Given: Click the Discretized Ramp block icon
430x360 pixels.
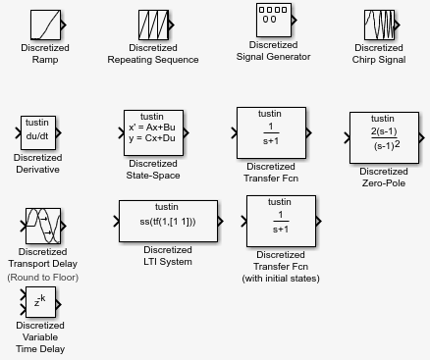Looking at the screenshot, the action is point(45,25).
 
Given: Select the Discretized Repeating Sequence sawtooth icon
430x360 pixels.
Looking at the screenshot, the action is point(153,25).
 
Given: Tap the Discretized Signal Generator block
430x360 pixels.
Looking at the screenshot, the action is point(274,21).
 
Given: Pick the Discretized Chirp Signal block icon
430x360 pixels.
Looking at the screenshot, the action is point(379,25).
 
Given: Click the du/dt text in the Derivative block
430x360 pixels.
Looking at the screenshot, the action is point(37,136).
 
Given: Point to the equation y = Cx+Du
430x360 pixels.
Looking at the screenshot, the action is point(152,138).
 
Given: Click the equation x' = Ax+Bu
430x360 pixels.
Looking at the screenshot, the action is point(152,128).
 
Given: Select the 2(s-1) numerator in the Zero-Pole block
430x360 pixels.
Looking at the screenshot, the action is point(384,131).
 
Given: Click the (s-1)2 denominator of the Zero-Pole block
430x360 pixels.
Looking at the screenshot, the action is point(387,145).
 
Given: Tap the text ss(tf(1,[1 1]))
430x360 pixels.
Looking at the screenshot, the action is point(168,222).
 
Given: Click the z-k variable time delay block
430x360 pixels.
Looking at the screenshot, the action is point(40,302).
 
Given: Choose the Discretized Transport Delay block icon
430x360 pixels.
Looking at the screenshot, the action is point(43,226).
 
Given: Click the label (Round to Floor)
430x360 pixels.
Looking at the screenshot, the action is point(43,278).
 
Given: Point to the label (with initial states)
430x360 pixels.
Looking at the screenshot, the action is point(281,279).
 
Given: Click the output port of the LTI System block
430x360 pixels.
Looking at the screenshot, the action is point(221,222).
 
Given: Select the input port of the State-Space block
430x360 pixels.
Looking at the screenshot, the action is point(121,132).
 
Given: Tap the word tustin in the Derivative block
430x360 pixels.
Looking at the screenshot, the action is point(37,123).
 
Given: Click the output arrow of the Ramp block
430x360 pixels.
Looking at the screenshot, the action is point(64,25).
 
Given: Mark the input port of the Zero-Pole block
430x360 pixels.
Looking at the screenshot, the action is point(347,138).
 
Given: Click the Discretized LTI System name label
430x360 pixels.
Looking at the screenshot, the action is point(168,256).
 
